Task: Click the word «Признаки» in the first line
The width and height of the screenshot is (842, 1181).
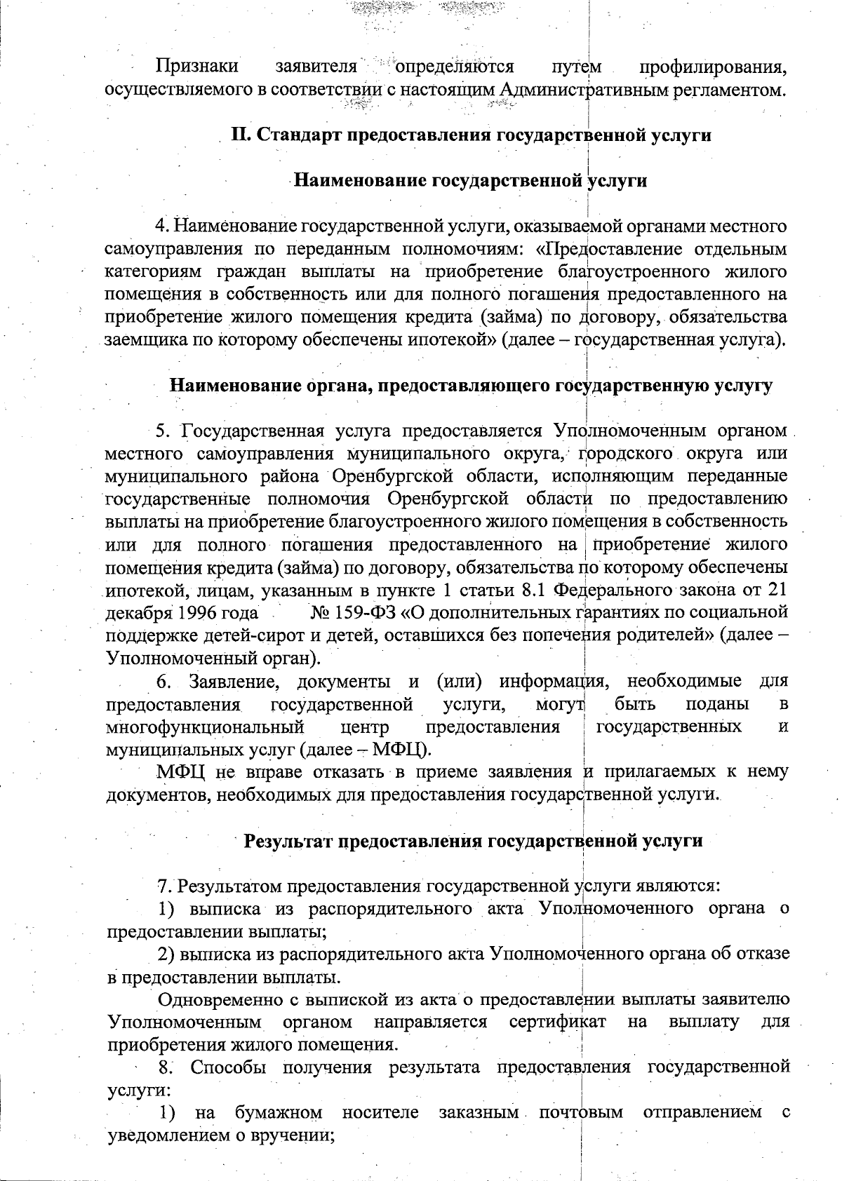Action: (x=197, y=67)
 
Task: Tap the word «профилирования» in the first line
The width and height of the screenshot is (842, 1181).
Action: (x=711, y=67)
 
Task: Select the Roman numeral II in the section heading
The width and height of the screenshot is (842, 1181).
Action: (x=240, y=135)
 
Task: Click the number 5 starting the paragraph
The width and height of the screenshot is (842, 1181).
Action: (x=160, y=431)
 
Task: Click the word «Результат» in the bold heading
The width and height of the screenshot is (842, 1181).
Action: (x=288, y=841)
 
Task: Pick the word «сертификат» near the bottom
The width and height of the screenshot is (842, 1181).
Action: (x=558, y=1022)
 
